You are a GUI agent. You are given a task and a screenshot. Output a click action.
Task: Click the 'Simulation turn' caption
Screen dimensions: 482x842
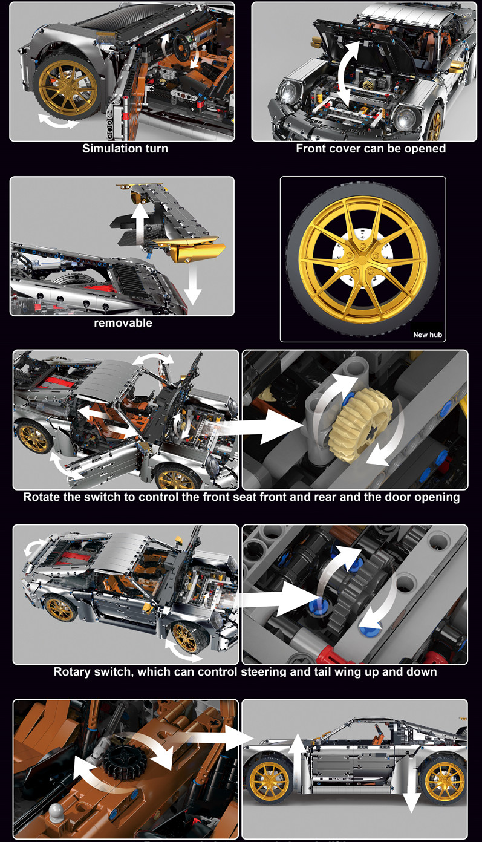click(x=125, y=148)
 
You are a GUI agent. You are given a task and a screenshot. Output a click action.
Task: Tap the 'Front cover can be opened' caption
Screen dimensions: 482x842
click(x=371, y=148)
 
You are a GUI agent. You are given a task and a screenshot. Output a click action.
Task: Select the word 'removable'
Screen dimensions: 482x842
click(x=123, y=323)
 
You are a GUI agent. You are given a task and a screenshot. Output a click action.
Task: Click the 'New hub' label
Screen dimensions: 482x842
click(x=428, y=335)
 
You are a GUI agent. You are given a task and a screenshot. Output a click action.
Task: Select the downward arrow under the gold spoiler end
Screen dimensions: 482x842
click(x=193, y=282)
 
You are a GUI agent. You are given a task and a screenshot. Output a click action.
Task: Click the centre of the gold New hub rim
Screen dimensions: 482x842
click(x=362, y=259)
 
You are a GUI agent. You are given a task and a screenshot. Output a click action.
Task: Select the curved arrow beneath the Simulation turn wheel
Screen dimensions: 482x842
click(x=58, y=121)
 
